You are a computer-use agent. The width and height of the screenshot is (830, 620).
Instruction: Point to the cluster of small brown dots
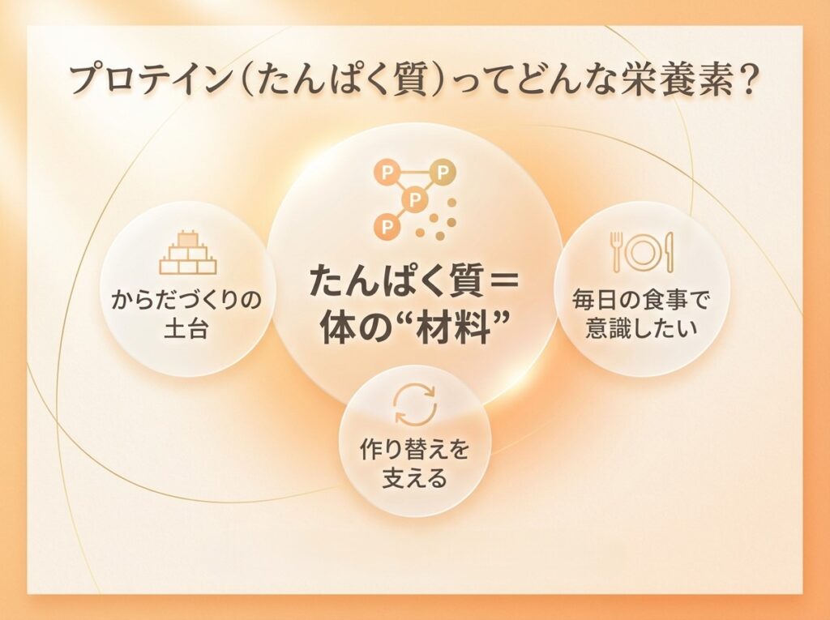point(442,221)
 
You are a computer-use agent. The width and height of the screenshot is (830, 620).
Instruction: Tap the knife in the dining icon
point(670,250)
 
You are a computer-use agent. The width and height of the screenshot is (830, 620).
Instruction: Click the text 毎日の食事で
point(642,301)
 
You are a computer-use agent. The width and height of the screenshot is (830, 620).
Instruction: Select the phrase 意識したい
point(642,331)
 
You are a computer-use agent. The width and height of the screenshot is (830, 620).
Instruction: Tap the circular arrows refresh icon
point(414,405)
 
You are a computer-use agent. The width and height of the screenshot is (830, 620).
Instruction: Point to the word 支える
point(414,479)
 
